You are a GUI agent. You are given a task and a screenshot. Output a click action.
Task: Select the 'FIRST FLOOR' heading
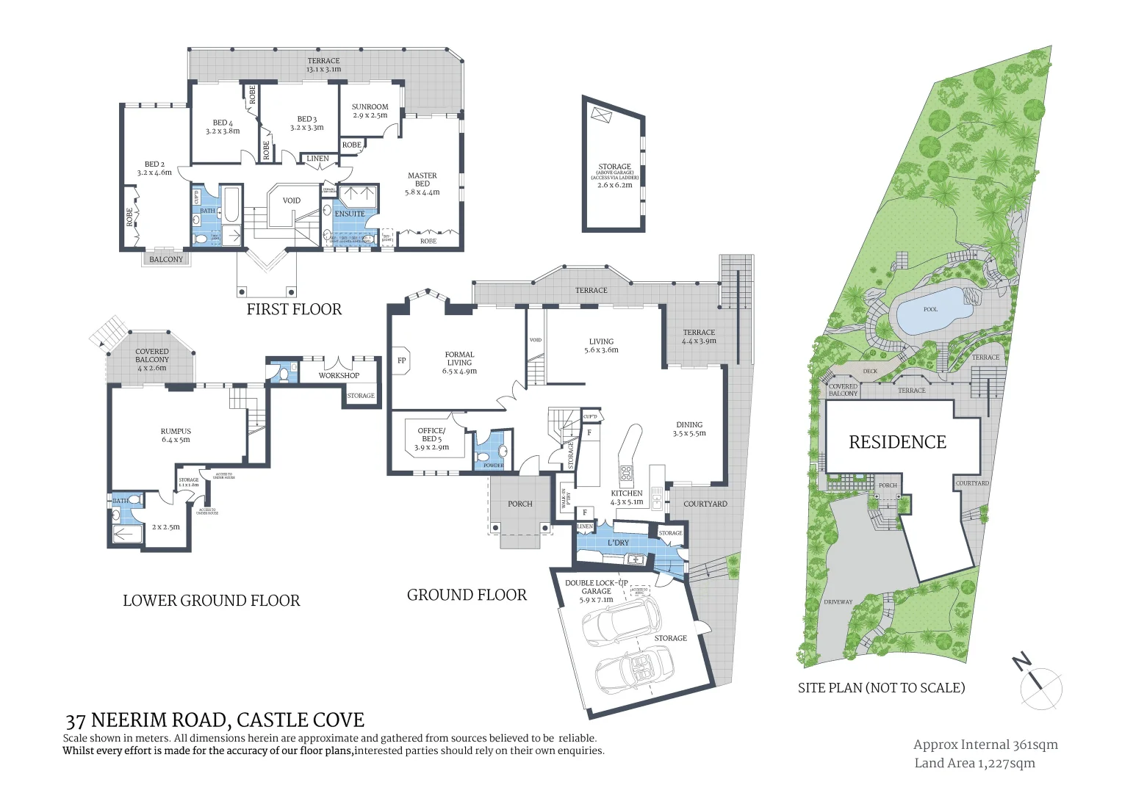coord(294,309)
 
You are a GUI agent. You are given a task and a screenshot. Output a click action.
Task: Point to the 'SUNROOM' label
coord(370,107)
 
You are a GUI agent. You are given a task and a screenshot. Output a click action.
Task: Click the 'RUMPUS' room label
coord(176,432)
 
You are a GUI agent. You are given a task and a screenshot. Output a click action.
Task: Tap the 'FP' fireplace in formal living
coord(402,361)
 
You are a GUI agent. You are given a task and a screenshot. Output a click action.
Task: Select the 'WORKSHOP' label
coord(339,376)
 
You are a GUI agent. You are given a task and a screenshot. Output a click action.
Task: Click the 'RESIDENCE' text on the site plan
coord(897,442)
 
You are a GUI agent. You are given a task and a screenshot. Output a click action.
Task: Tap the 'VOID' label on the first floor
coord(292,200)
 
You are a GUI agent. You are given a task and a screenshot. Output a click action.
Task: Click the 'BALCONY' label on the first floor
coord(166,259)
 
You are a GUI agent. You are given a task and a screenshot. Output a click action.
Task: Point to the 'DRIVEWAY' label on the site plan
coord(838,602)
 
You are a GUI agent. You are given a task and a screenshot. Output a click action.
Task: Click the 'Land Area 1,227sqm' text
coord(974,764)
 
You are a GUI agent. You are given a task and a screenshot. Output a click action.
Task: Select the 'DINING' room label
coord(689,425)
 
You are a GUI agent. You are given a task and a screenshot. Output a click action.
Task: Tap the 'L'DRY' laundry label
coord(618,543)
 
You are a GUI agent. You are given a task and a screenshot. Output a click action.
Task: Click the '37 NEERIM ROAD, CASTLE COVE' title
coord(215,720)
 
